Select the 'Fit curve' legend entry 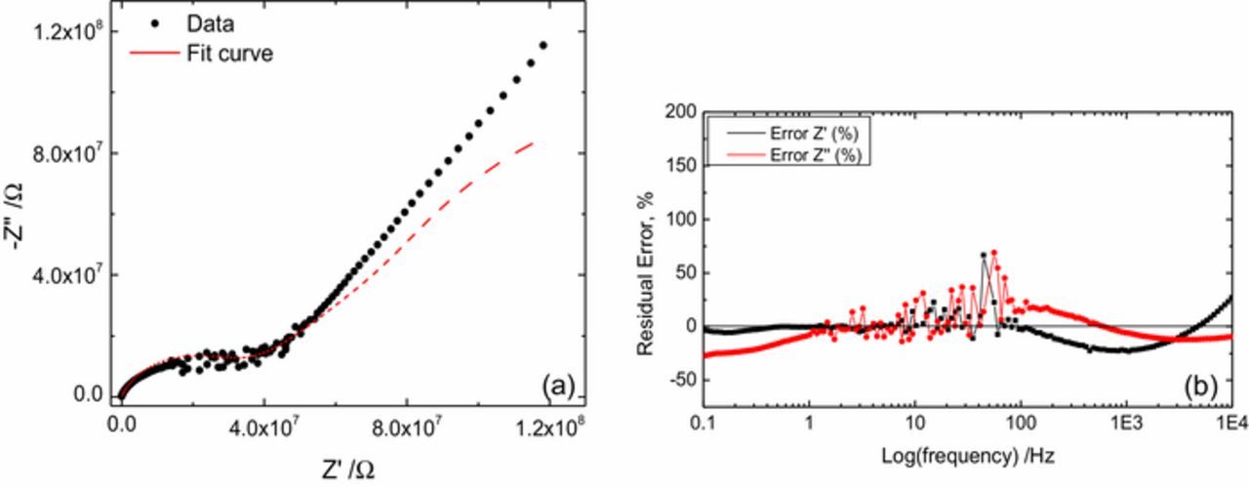pos(229,53)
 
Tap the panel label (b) pos(1197,386)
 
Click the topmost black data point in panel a pos(543,45)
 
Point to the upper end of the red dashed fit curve pos(533,142)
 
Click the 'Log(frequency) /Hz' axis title pos(967,456)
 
